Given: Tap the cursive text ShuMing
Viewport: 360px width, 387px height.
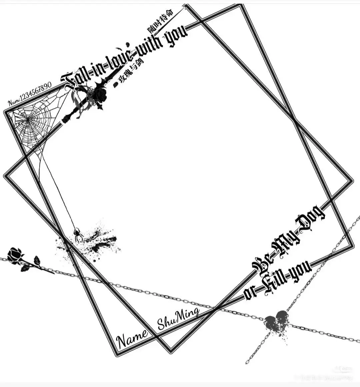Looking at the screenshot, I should tap(178, 319).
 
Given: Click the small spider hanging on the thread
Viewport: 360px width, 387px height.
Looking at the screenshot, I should tap(78, 234).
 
